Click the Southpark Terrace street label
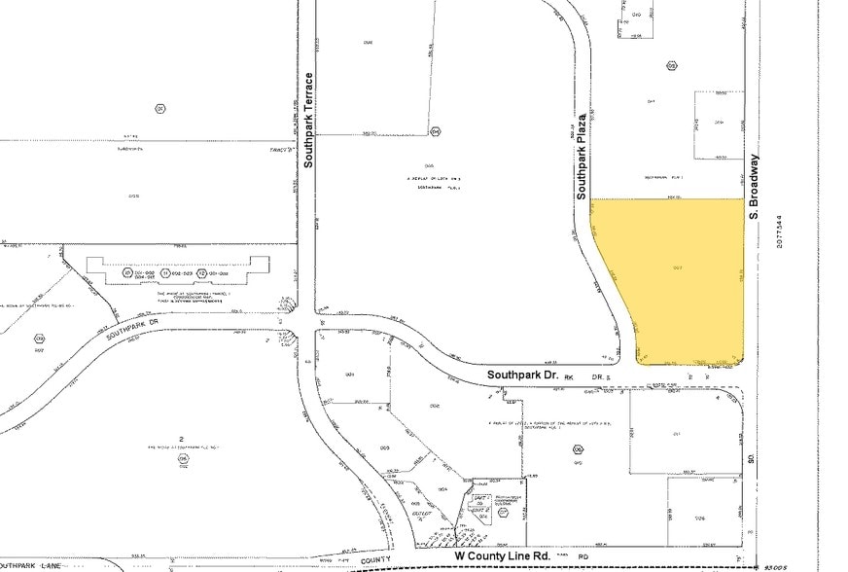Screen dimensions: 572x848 click(x=309, y=120)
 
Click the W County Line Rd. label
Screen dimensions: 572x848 click(x=504, y=555)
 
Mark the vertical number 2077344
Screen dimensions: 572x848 click(x=779, y=220)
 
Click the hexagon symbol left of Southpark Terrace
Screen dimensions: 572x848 click(x=160, y=107)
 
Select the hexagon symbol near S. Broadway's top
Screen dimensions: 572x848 click(x=671, y=66)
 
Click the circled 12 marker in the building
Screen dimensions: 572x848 click(x=202, y=274)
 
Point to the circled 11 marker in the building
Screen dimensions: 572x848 click(x=165, y=274)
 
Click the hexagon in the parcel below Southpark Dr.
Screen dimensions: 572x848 click(x=578, y=449)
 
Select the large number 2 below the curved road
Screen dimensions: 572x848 click(x=182, y=440)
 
